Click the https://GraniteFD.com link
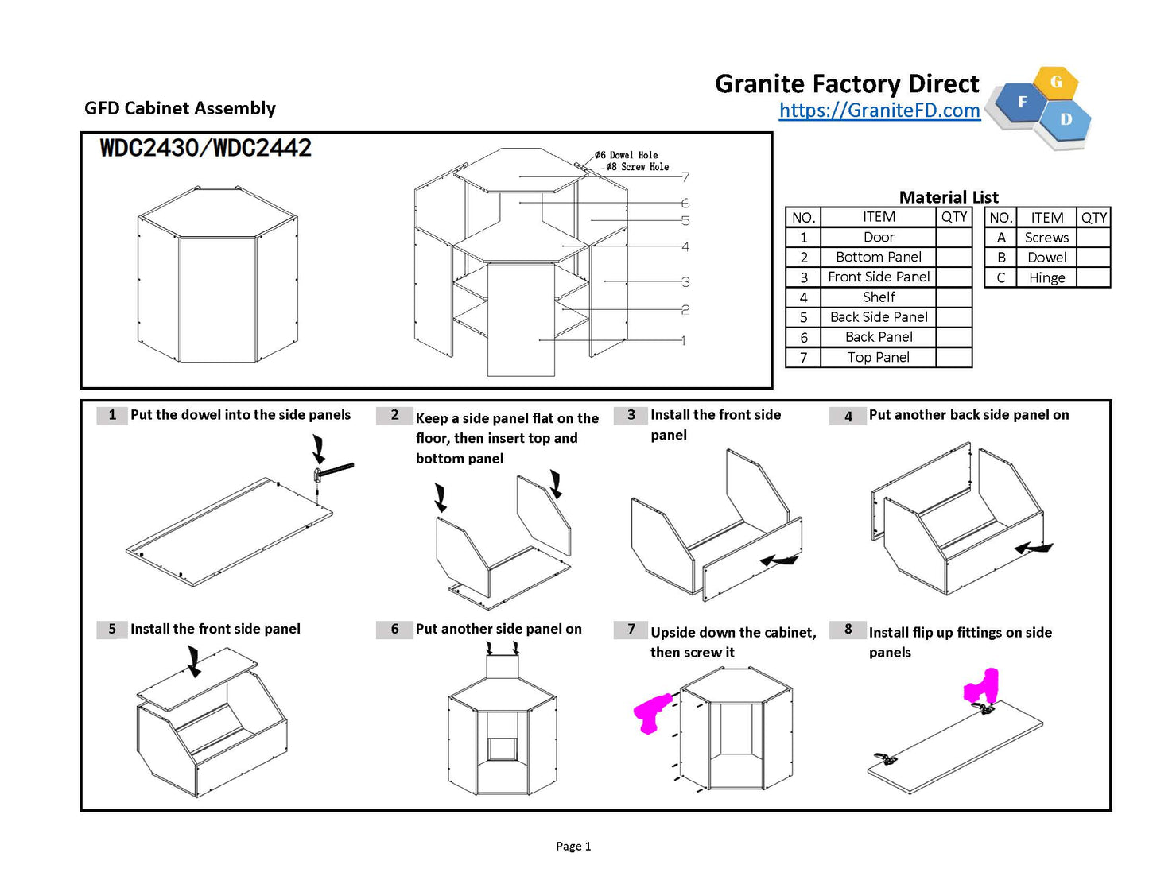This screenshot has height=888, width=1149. tap(879, 111)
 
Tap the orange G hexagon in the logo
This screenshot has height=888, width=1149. tap(1056, 82)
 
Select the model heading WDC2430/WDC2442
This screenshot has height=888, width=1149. tap(205, 148)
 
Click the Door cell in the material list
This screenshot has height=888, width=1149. tap(879, 237)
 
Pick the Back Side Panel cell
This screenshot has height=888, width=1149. tap(879, 317)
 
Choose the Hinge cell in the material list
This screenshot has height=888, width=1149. tap(1046, 277)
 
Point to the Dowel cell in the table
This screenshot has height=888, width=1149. tap(1046, 258)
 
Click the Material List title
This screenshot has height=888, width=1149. tap(949, 197)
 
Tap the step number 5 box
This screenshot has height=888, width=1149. tap(112, 629)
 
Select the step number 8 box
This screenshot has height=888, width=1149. tap(848, 630)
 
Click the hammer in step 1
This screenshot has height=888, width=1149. tap(333, 471)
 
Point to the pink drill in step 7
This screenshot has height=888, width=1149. tap(652, 712)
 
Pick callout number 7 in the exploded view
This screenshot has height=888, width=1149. tap(685, 177)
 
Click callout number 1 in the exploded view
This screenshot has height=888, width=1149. tap(683, 340)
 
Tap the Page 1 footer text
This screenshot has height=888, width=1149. tap(573, 847)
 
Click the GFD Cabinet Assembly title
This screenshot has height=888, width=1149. tap(180, 108)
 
